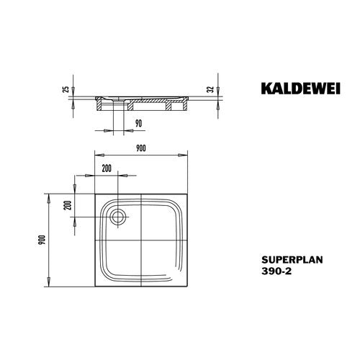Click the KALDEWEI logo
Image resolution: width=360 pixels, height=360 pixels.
(301, 89)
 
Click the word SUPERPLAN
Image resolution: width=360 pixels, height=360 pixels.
(292, 260)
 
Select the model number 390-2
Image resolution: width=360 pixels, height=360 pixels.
(276, 271)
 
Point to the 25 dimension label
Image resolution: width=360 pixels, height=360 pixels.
(66, 89)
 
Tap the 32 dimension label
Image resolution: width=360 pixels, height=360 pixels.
(210, 89)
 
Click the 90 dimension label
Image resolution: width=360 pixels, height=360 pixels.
(138, 123)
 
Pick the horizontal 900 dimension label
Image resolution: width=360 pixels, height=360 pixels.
(141, 148)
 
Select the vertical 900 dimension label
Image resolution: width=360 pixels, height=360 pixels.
(42, 240)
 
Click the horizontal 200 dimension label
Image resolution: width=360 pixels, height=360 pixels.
(107, 168)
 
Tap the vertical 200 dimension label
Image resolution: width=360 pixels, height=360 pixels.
(68, 205)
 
